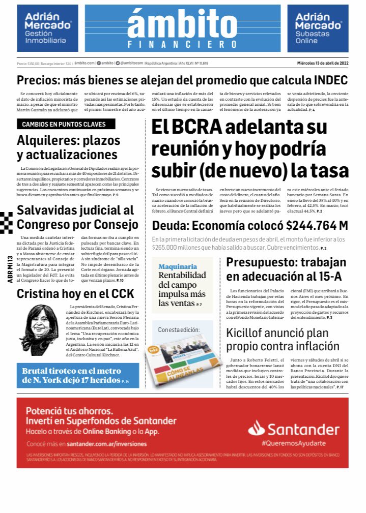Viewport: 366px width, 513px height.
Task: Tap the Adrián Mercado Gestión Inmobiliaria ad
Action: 48,28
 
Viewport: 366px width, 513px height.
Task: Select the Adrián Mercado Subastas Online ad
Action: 318,28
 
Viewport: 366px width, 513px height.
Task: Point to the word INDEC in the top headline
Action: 325,80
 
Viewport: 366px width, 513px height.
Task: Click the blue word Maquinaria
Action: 178,266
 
